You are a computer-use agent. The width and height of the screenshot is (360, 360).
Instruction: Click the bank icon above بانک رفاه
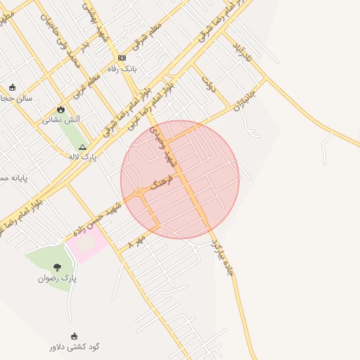point(122,58)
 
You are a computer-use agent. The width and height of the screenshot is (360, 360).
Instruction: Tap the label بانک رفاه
point(121,69)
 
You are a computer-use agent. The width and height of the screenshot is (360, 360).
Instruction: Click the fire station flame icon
point(61,109)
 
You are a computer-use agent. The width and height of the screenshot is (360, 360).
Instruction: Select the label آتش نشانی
point(61,120)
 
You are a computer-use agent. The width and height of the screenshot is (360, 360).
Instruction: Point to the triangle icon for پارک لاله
point(82,148)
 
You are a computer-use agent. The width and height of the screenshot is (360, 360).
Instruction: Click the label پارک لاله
point(83,157)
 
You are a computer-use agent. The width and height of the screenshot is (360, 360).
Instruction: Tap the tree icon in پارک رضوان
point(57,267)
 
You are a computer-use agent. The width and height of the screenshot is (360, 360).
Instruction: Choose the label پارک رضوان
point(58,278)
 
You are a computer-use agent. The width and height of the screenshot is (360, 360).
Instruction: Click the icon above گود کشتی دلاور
point(74,336)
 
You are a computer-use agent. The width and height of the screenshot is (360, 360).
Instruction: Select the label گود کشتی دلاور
point(75,347)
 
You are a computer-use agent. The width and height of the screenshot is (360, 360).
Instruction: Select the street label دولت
point(207,85)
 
